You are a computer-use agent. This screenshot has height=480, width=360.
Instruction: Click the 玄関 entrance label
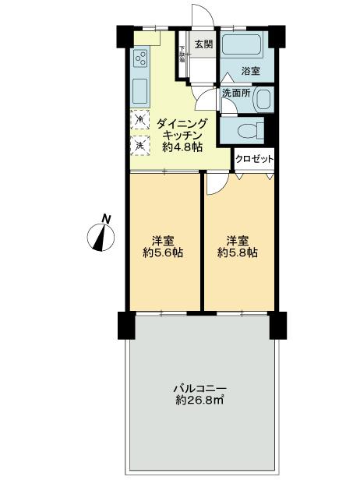(x=203, y=44)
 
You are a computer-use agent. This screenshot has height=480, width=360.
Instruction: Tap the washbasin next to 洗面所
(x=263, y=100)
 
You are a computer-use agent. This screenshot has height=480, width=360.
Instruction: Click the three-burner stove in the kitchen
(x=141, y=58)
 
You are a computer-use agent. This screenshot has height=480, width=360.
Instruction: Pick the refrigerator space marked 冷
(x=139, y=119)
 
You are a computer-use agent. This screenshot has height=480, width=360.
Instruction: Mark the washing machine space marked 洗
(x=139, y=143)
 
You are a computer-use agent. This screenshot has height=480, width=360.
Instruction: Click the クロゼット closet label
(x=255, y=159)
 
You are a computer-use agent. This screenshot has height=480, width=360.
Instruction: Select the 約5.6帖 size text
(x=163, y=252)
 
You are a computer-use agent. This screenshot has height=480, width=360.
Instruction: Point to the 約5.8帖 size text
(x=238, y=252)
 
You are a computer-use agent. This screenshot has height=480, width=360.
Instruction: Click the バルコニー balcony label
(x=199, y=388)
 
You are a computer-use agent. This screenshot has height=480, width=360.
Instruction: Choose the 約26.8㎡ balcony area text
(x=199, y=401)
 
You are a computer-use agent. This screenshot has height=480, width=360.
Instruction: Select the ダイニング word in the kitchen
(x=182, y=123)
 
